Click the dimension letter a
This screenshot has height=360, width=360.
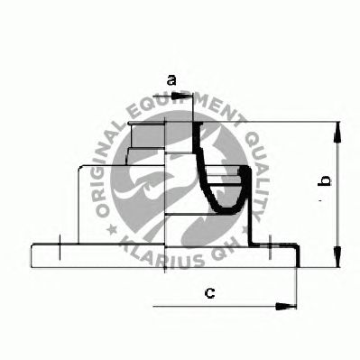click(171, 80)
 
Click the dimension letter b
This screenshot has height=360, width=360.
click(325, 180)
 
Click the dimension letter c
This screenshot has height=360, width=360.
click(209, 292)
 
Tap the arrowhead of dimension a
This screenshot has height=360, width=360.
click(181, 97)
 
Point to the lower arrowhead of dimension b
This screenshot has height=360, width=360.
click(338, 256)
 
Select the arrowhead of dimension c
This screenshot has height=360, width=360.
click(286, 306)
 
